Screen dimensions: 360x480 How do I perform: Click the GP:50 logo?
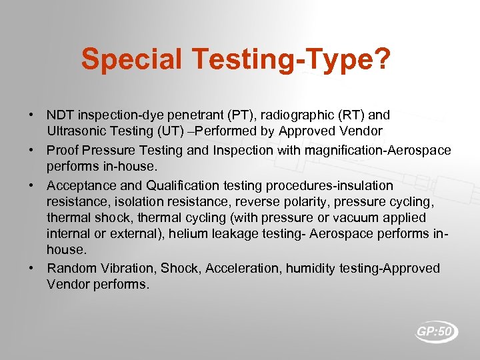[x=437, y=332]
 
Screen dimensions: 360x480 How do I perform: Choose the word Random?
[x=72, y=268]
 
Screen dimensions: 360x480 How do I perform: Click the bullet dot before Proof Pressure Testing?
[x=32, y=150]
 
